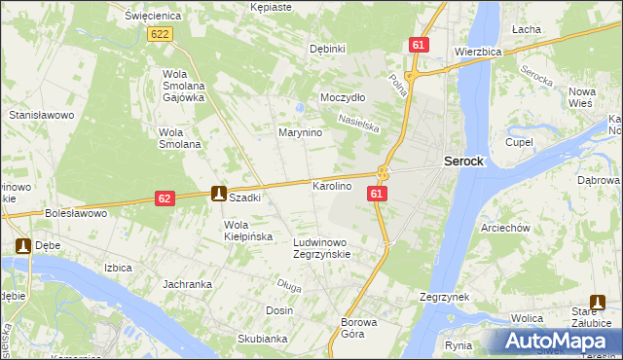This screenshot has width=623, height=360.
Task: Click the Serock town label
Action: tap(463, 162)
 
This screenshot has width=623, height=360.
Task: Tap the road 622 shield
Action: tap(162, 34)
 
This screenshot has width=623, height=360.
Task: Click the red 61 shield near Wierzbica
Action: tap(419, 46)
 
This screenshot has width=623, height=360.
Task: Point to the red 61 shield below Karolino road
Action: tap(378, 195)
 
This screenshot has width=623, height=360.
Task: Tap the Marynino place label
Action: tap(300, 132)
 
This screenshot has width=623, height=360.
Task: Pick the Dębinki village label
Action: tap(327, 49)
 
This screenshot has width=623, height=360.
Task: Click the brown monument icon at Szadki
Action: tap(220, 194)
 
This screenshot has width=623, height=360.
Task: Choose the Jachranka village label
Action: tap(188, 284)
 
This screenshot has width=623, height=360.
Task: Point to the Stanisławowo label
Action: tap(42, 115)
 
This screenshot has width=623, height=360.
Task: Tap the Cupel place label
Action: tap(518, 142)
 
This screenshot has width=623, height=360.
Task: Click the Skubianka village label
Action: tap(261, 339)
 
